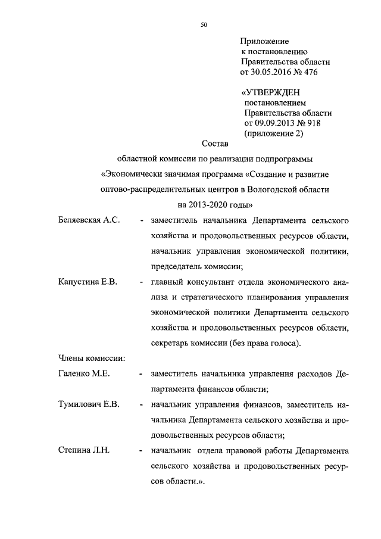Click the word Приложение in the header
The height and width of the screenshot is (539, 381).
(264, 42)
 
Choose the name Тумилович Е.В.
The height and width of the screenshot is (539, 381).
(89, 404)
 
